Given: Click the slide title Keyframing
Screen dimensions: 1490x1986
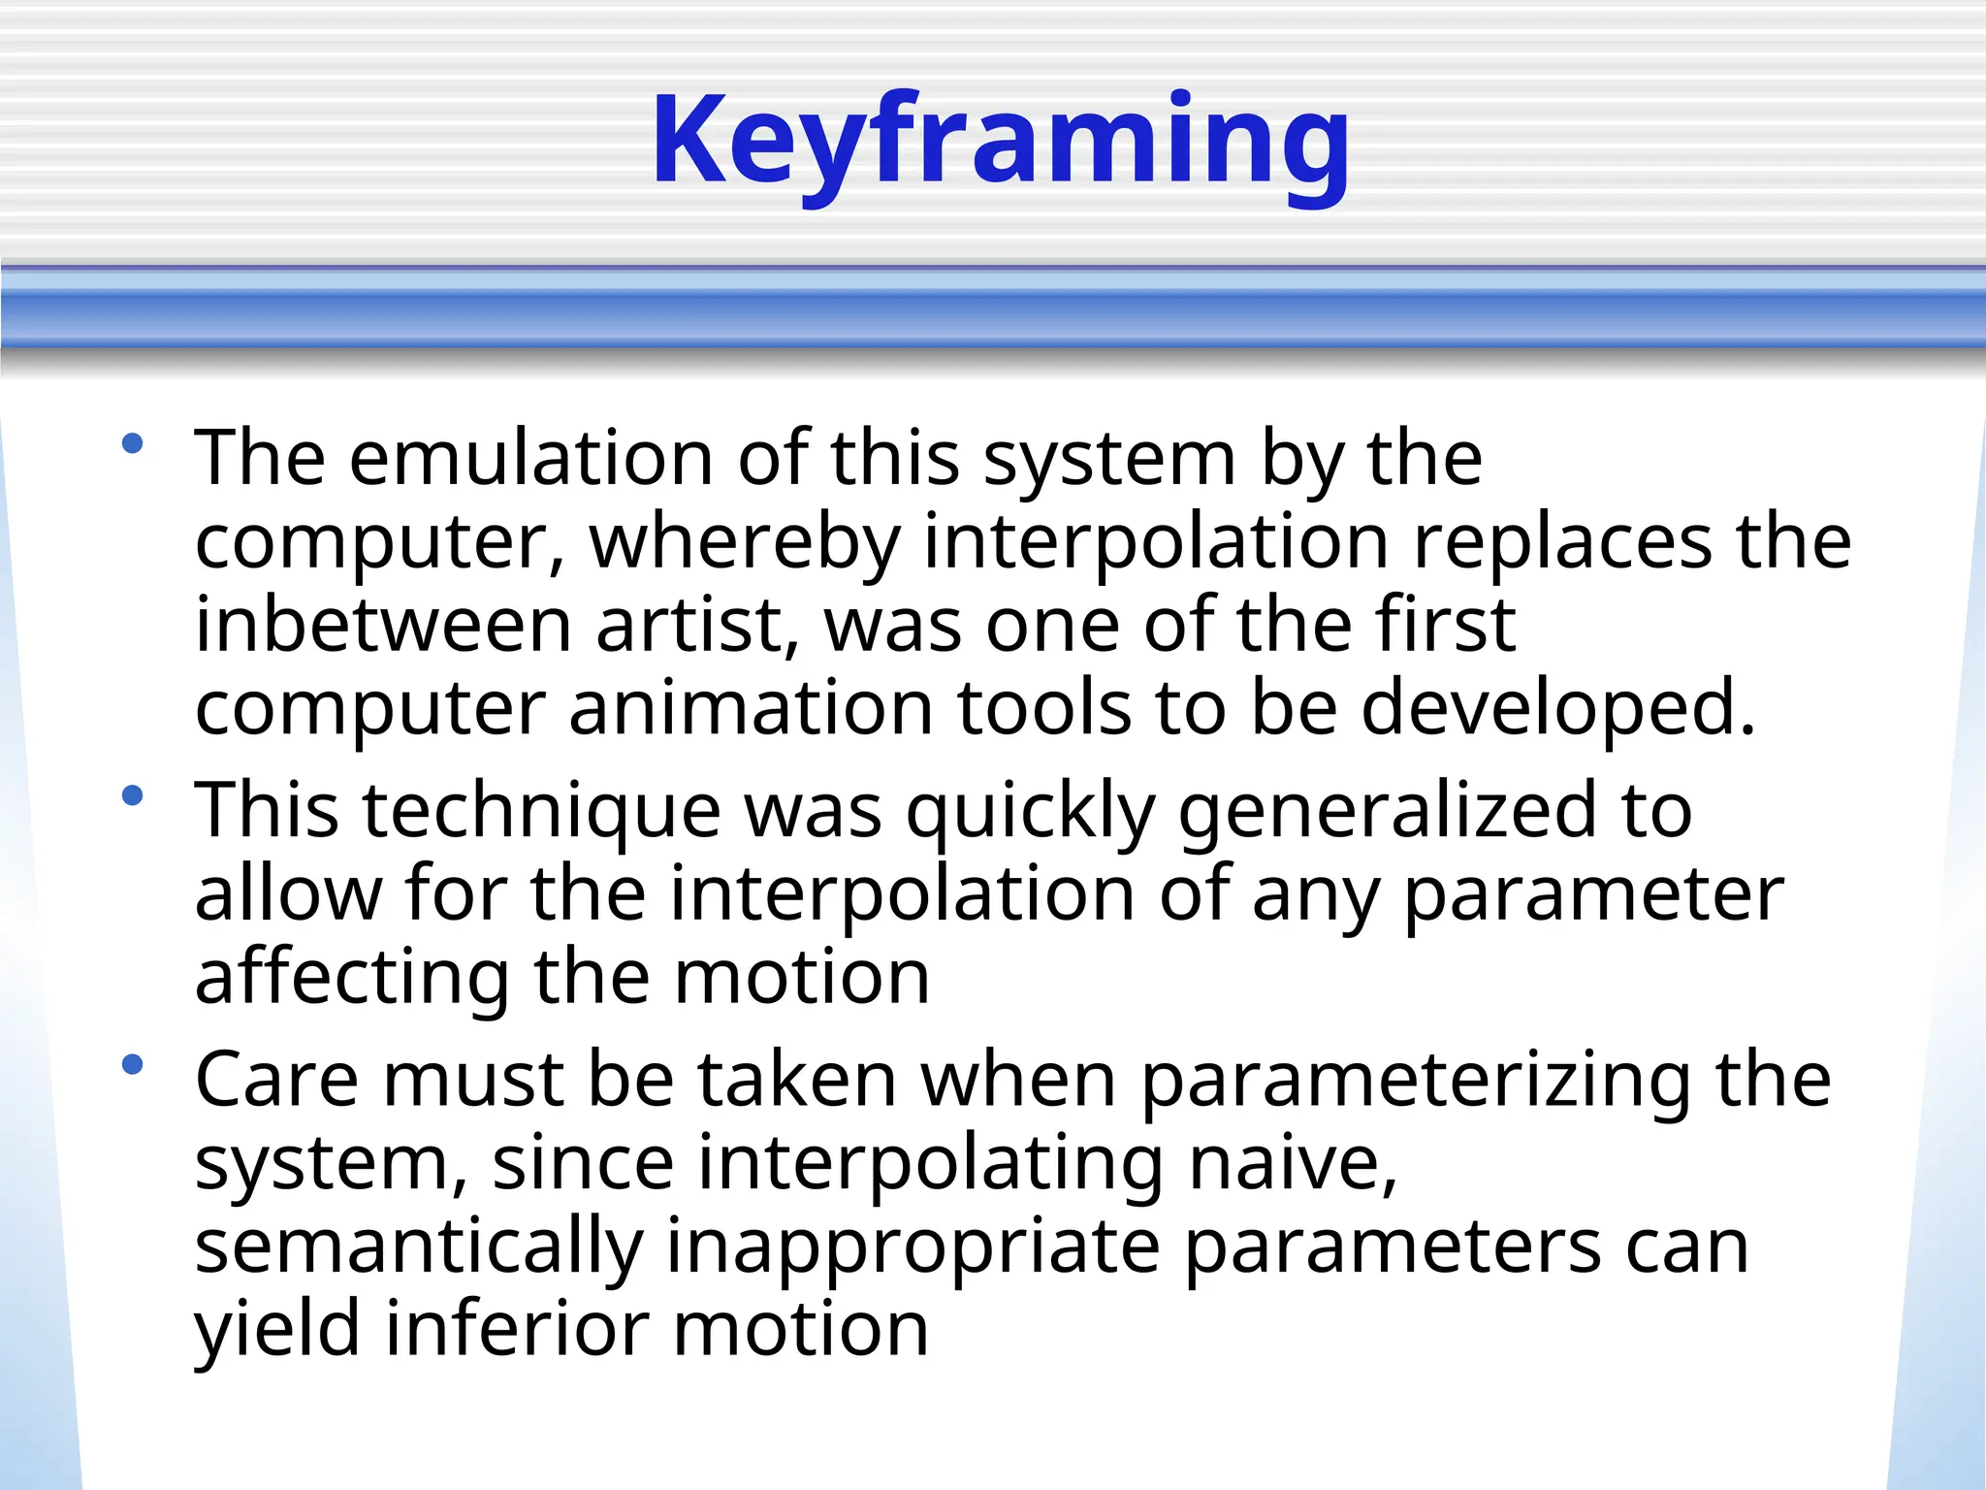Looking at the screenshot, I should tap(1001, 141).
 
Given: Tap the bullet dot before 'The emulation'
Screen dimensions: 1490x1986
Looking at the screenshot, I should tap(133, 445).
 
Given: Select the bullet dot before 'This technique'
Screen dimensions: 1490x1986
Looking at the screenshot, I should tap(133, 797).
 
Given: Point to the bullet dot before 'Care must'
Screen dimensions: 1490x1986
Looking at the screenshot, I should tap(133, 1066).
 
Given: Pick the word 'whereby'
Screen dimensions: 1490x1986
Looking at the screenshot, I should tap(745, 541).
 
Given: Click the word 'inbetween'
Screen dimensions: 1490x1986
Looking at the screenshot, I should tap(383, 625).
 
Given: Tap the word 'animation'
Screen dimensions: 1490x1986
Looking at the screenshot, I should tap(751, 708).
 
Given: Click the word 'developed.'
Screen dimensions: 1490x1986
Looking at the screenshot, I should tap(1558, 708).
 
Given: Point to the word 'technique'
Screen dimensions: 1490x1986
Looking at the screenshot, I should tap(541, 811).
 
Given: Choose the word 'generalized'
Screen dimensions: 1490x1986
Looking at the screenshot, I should tap(1387, 811).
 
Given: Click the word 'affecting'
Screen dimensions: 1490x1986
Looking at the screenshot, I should tap(352, 978).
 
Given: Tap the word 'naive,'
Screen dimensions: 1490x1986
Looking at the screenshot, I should tap(1294, 1163).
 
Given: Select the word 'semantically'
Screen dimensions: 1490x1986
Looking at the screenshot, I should tap(419, 1247).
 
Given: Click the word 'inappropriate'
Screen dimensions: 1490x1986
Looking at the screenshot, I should tap(913, 1247).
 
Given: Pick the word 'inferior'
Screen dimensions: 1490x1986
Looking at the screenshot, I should tap(517, 1330).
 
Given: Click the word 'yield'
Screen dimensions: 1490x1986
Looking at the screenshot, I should tap(278, 1330).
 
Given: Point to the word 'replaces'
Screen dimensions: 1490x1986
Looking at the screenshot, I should tap(1562, 541).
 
